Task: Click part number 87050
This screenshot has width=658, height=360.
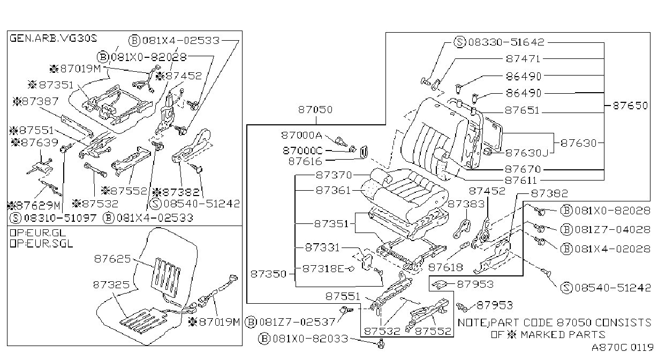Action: (x=315, y=110)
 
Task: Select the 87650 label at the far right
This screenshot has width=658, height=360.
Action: (x=630, y=106)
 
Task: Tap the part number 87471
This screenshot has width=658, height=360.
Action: (x=523, y=59)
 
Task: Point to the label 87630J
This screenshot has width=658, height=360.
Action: (x=526, y=153)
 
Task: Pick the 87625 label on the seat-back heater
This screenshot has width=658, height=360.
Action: (x=112, y=259)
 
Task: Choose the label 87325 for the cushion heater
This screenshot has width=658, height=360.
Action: (x=111, y=285)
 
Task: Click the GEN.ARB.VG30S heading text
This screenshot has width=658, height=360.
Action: (x=53, y=38)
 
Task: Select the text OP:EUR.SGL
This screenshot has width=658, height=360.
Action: (x=41, y=244)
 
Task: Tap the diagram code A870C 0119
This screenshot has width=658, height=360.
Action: (x=622, y=348)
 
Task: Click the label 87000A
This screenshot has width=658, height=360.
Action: (x=301, y=135)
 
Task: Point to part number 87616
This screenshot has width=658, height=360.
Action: (x=305, y=161)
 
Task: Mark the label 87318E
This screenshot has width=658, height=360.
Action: (x=323, y=268)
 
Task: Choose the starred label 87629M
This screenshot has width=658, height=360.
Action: (x=34, y=205)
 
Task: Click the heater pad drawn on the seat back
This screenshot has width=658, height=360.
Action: (x=165, y=277)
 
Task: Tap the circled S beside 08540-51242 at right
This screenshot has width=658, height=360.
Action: (x=566, y=288)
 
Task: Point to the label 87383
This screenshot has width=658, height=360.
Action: (x=466, y=204)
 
